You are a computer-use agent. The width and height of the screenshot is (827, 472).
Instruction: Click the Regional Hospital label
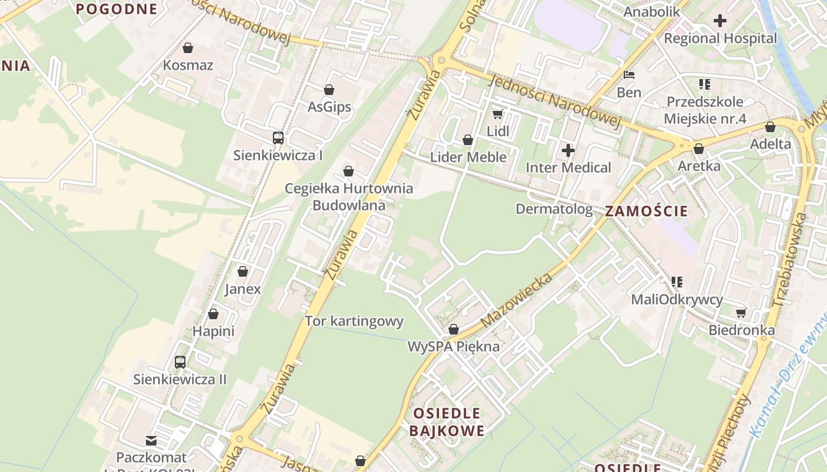pyautogui.click(x=721, y=38)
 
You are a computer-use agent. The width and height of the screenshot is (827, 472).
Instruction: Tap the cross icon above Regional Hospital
pyautogui.click(x=719, y=21)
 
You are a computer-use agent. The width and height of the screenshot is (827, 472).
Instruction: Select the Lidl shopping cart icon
pyautogui.click(x=498, y=113)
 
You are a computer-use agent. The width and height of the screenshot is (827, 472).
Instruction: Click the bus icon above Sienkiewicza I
pyautogui.click(x=278, y=138)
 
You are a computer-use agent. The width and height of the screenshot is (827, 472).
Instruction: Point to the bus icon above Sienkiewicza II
pyautogui.click(x=180, y=362)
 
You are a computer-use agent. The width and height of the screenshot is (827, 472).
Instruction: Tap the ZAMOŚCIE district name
pyautogui.click(x=647, y=211)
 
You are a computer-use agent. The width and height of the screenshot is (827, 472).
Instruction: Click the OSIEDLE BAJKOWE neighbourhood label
pyautogui.click(x=447, y=422)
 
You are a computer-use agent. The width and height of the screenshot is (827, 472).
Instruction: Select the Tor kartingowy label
pyautogui.click(x=354, y=321)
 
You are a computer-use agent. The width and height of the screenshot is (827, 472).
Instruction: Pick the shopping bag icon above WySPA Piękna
pyautogui.click(x=454, y=329)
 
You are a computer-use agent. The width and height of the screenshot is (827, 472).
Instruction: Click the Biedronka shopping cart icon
pyautogui.click(x=741, y=312)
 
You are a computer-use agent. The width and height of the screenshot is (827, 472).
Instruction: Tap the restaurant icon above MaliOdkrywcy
pyautogui.click(x=677, y=282)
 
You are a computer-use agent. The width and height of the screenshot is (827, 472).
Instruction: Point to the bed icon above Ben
pyautogui.click(x=629, y=75)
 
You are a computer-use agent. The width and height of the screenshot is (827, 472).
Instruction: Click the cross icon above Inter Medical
pyautogui.click(x=568, y=150)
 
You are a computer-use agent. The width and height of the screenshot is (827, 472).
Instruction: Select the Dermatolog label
pyautogui.click(x=554, y=209)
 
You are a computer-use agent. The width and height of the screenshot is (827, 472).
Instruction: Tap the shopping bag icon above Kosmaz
pyautogui.click(x=188, y=47)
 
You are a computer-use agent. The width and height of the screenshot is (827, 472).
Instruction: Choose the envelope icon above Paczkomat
pyautogui.click(x=151, y=440)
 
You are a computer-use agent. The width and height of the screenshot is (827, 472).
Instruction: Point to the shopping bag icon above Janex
pyautogui.click(x=242, y=271)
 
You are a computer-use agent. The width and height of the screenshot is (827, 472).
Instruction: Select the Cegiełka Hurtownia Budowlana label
pyautogui.click(x=349, y=197)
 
